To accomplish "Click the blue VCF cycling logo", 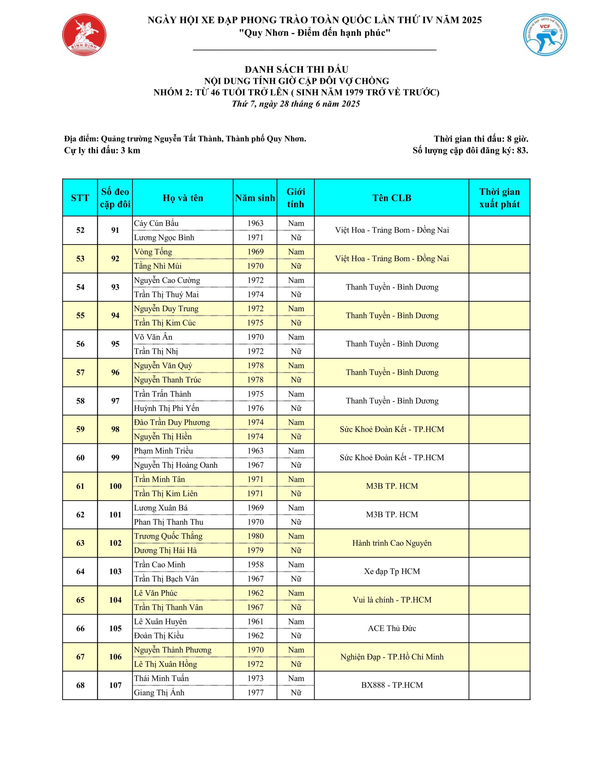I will pos(545,35).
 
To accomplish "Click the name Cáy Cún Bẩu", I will pos(156,223).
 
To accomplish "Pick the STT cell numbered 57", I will pos(80,373).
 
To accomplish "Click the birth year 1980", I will pos(255,536).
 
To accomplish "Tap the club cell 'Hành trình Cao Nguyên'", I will pos(392,543).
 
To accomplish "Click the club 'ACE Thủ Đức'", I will pos(392,628).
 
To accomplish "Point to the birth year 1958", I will pos(255,565).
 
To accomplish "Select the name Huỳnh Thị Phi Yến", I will pos(166,408).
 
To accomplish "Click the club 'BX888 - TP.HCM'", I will pos(392,685).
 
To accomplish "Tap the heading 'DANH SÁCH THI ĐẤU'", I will pos(296,69).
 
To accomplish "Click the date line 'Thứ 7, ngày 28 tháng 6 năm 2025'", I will pos(296,104).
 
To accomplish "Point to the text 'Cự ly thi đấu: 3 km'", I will pos(102,151).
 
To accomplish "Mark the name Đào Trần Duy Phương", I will pos(172,422).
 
